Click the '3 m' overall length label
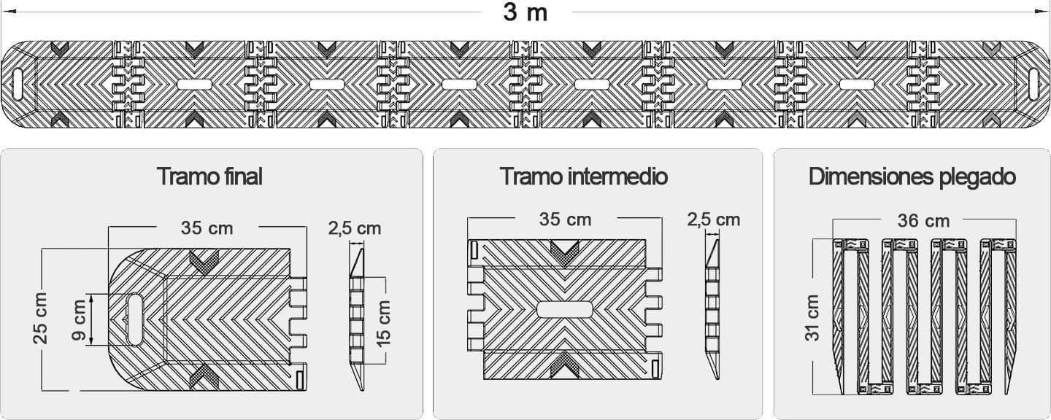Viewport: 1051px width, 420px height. click(525, 12)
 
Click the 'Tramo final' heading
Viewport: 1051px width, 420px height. click(209, 176)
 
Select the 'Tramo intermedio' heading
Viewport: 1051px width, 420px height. click(583, 176)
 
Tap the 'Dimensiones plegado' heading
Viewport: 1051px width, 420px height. click(912, 176)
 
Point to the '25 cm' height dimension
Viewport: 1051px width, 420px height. click(41, 318)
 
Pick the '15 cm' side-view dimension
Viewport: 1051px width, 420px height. click(384, 322)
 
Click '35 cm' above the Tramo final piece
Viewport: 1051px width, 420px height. click(207, 228)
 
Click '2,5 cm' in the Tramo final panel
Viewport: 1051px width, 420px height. click(354, 228)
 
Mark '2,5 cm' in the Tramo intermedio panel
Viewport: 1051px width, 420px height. click(713, 219)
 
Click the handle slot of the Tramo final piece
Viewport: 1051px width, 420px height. click(136, 318)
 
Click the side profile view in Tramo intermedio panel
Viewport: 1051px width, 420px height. click(712, 306)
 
